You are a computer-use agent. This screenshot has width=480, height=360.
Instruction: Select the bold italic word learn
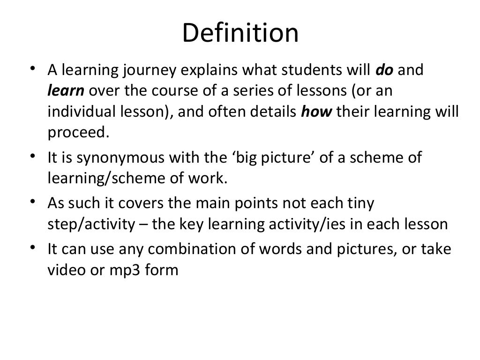65,91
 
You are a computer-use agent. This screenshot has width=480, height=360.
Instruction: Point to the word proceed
78,133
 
